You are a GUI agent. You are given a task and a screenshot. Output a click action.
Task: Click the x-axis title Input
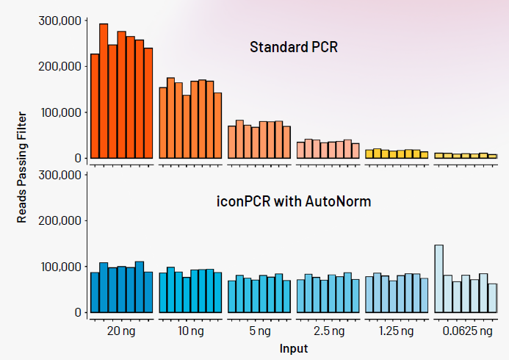coord(294,348)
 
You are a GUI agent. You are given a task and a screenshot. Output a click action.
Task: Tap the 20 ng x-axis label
coord(121,331)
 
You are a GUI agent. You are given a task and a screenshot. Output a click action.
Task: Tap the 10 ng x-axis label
coord(190,331)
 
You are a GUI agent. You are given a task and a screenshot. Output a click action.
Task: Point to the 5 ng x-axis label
coord(259,331)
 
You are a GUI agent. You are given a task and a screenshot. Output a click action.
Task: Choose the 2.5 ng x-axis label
coord(328,331)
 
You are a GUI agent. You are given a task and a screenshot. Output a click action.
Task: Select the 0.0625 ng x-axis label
coord(466,331)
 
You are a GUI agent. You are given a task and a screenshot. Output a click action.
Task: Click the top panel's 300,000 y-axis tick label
coord(59,21)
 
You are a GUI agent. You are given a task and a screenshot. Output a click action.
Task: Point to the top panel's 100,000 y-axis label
coord(59,112)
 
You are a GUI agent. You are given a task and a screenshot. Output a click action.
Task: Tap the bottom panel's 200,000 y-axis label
coord(59,220)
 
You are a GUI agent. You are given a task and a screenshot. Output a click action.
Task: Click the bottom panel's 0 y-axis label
coord(76,312)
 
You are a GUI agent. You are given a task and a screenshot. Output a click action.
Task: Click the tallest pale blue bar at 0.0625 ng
coord(438,279)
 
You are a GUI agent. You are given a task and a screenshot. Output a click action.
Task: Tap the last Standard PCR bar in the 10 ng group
coord(217,126)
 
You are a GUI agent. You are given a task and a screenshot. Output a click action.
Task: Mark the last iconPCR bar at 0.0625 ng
coord(492,298)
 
